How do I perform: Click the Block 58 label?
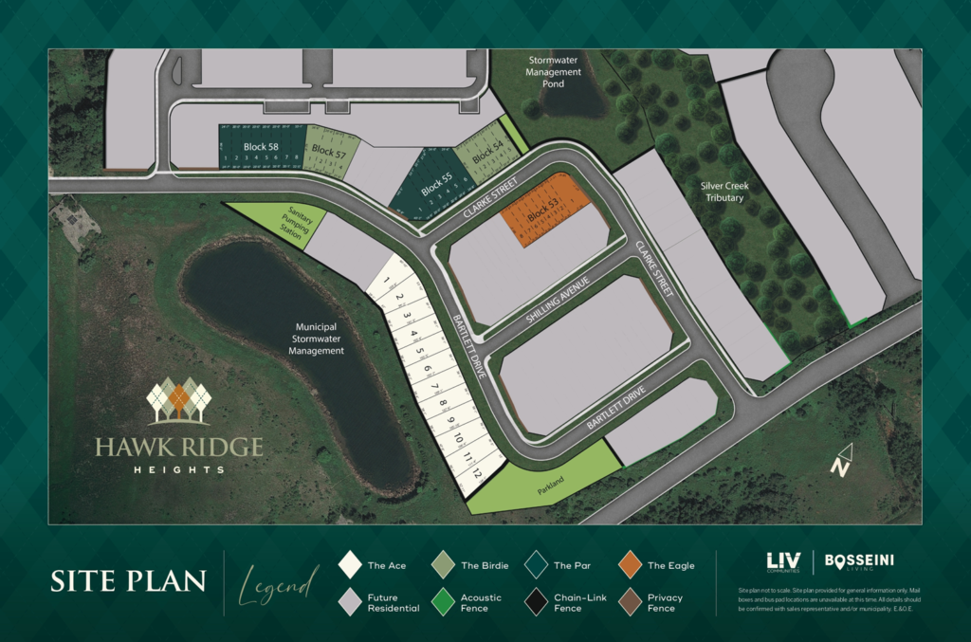(x=261, y=147)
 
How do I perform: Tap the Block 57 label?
(x=328, y=151)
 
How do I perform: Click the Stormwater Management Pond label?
(x=555, y=72)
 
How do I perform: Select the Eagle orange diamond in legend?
(x=631, y=565)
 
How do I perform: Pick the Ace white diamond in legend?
(x=350, y=565)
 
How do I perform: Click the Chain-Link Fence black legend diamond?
(x=537, y=602)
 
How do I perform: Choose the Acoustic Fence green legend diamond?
(x=444, y=602)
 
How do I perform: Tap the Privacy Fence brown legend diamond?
(x=631, y=602)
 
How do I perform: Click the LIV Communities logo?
(x=783, y=562)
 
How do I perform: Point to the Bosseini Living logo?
(x=859, y=562)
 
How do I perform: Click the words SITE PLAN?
(x=128, y=581)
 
